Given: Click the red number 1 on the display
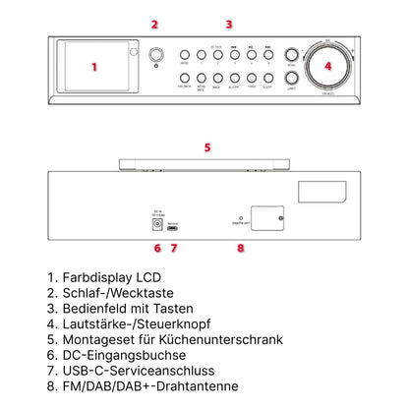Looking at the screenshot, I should pyautogui.click(x=93, y=68).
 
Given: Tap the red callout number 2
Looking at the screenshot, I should pyautogui.click(x=153, y=24).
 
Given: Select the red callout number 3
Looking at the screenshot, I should pyautogui.click(x=229, y=24).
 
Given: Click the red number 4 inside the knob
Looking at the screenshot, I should pyautogui.click(x=328, y=67).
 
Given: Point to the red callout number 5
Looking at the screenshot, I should pyautogui.click(x=207, y=147).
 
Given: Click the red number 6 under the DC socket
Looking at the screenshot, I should pyautogui.click(x=156, y=248).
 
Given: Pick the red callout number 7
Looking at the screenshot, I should pyautogui.click(x=174, y=248).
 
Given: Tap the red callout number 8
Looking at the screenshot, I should pyautogui.click(x=240, y=248).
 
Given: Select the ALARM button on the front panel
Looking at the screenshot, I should pyautogui.click(x=234, y=78).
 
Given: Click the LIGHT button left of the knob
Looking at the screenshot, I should pyautogui.click(x=291, y=79).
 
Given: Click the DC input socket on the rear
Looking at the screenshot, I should pyautogui.click(x=156, y=225).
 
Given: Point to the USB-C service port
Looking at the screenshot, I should pyautogui.click(x=173, y=225).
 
